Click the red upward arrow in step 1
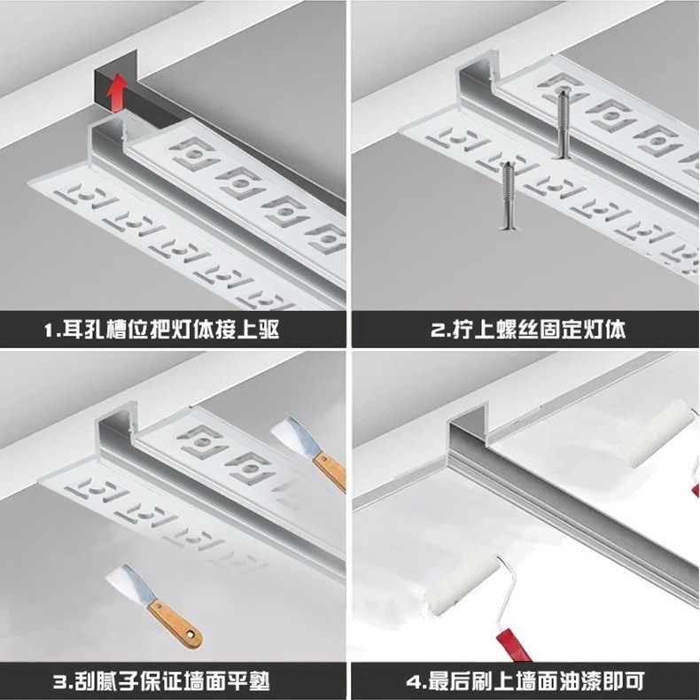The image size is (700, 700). click(118, 92)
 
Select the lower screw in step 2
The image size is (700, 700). click(508, 196)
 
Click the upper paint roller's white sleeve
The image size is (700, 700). click(657, 433)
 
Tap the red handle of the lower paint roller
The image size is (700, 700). click(513, 645)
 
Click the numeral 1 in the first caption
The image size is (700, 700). click(48, 331)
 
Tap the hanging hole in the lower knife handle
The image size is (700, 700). click(192, 634)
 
